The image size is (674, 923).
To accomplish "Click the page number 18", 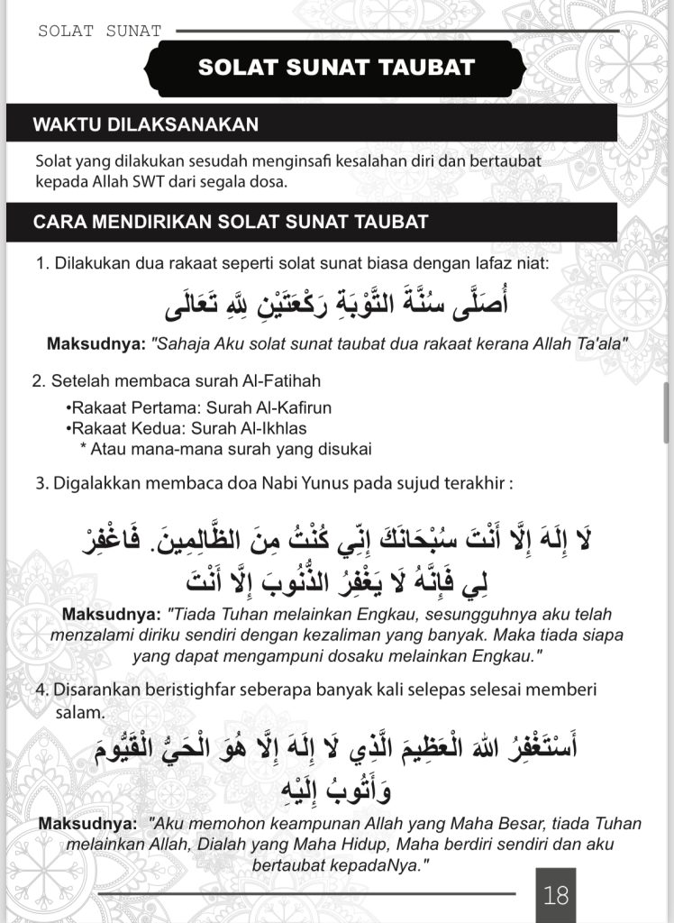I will point(556,895).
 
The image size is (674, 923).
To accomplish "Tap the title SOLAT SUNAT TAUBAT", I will point(336,68).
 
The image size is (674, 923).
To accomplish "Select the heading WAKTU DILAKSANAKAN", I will point(146,124).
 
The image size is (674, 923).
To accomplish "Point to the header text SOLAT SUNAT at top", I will point(99,31).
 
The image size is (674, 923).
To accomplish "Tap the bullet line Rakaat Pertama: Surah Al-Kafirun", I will point(186,409).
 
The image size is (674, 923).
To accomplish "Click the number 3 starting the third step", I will point(41,482).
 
